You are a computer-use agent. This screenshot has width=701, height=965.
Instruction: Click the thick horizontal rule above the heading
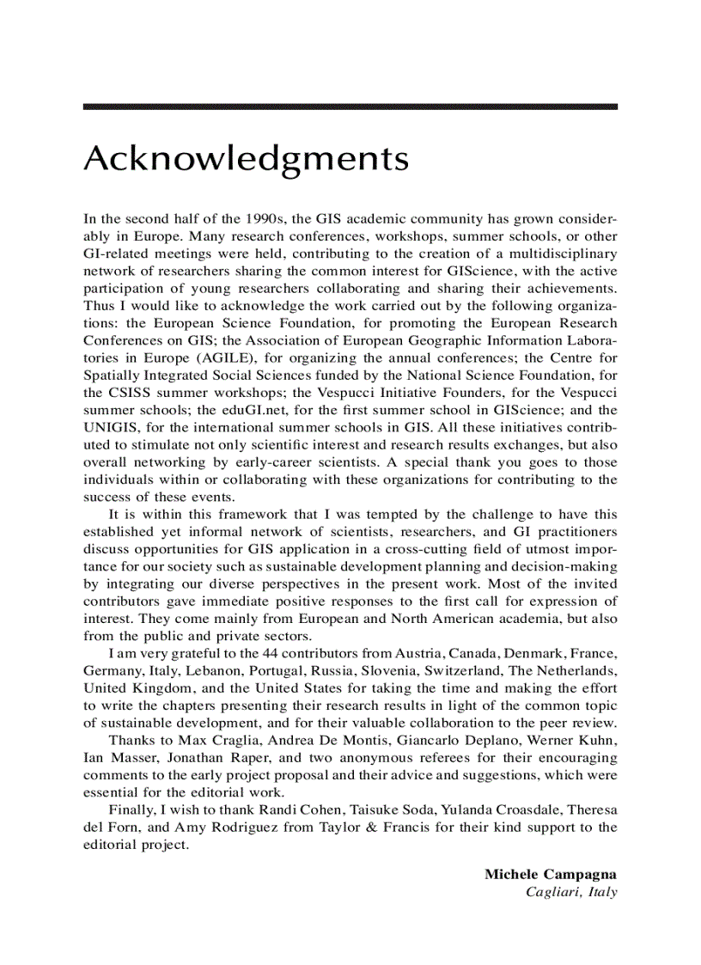pyautogui.click(x=350, y=107)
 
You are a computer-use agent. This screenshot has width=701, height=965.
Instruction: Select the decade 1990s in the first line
pyautogui.click(x=260, y=218)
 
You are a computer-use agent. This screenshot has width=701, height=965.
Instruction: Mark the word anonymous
pyautogui.click(x=375, y=758)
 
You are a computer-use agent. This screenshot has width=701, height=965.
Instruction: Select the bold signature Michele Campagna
pyautogui.click(x=551, y=874)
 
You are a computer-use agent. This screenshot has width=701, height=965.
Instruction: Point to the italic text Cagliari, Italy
pyautogui.click(x=571, y=892)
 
